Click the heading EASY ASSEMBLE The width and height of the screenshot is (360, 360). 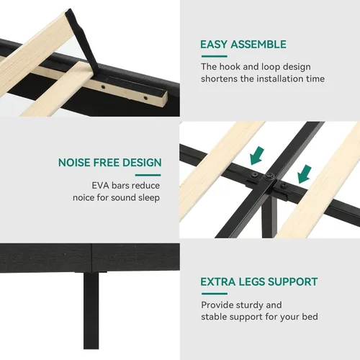tap(243, 45)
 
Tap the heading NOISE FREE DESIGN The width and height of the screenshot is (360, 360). tap(110, 163)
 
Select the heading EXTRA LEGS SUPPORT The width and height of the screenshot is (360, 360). tap(259, 282)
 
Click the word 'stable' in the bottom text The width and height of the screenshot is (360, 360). tap(214, 317)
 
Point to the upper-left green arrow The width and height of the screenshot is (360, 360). tap(256, 156)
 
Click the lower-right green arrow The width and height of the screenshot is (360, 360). tap(305, 174)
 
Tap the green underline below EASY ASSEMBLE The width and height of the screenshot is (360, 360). tap(215, 56)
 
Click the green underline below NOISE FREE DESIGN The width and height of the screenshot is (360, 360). tap(148, 175)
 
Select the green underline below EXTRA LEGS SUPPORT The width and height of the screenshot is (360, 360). tap(215, 293)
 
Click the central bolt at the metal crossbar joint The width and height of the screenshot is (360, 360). tap(270, 177)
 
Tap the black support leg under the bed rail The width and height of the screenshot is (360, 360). tap(91, 311)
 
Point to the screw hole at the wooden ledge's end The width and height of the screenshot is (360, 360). tap(145, 98)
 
